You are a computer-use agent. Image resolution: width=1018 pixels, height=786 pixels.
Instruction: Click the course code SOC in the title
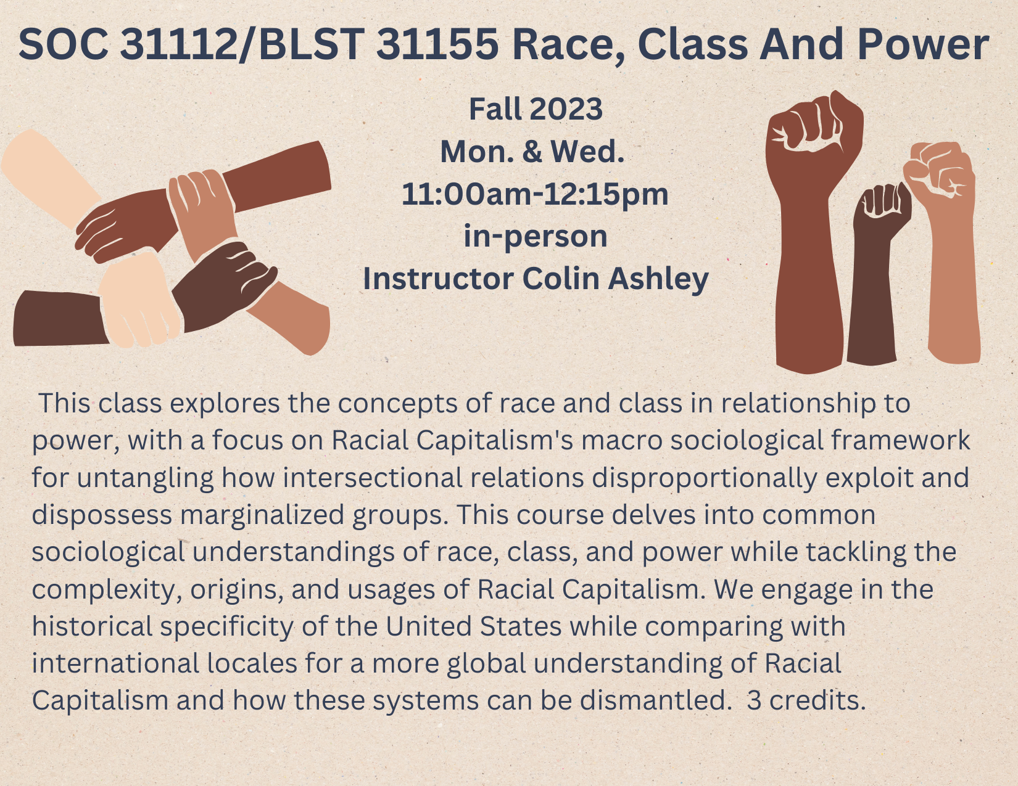tap(64, 44)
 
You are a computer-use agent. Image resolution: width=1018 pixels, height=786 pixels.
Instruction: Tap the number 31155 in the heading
tap(437, 44)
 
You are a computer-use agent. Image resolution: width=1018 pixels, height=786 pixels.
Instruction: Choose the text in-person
tap(536, 237)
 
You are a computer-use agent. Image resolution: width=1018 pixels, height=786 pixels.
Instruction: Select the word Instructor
tap(439, 279)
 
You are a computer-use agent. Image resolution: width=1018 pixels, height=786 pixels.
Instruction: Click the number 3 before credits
tap(754, 701)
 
